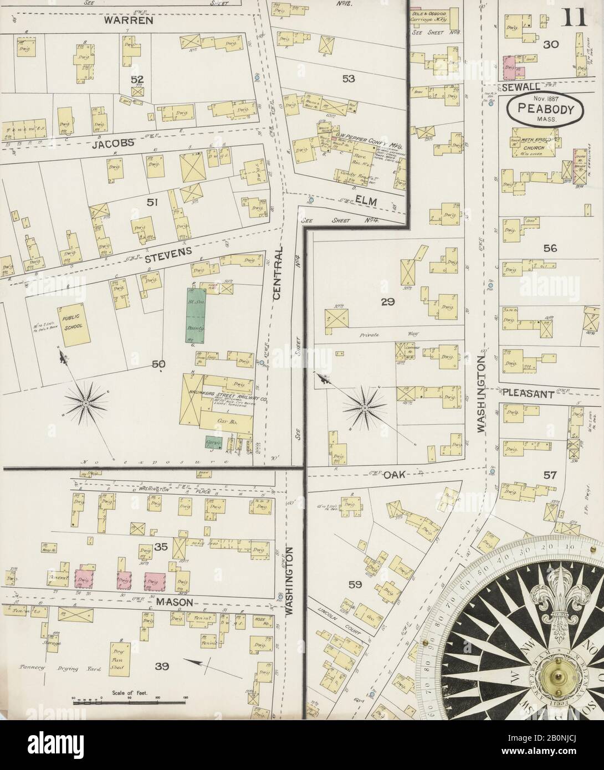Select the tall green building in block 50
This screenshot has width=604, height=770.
coord(196,316)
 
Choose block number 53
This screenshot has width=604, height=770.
coord(348,79)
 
